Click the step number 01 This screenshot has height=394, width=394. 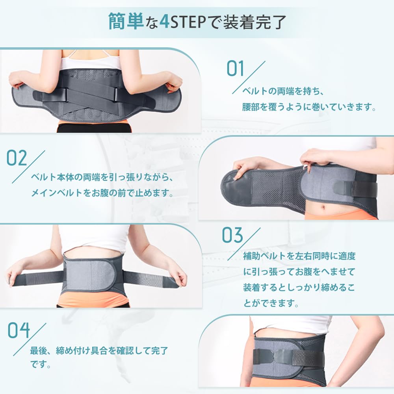[x=235, y=69]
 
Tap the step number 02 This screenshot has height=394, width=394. [x=17, y=158]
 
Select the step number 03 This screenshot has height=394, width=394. [x=232, y=235]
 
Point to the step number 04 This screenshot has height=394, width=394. [x=19, y=330]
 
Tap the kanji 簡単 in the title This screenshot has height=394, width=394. [x=126, y=22]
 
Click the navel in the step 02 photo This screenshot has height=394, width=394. [x=323, y=208]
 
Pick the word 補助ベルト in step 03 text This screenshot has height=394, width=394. [x=265, y=256]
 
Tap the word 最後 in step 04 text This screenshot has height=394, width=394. [x=39, y=350]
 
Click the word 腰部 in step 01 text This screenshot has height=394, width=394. [x=251, y=107]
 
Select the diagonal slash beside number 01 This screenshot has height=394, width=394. [x=249, y=77]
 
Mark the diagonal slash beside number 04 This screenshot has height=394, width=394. [x=30, y=339]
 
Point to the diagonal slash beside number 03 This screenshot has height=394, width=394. [x=244, y=244]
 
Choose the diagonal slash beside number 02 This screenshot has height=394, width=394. [x=29, y=167]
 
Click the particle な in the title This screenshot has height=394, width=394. [x=152, y=22]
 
